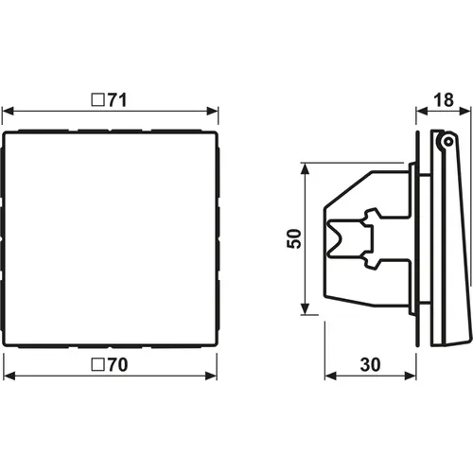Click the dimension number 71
(x=117, y=100)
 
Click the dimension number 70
(x=118, y=364)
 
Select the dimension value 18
(x=444, y=100)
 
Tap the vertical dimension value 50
(x=294, y=238)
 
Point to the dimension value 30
(x=371, y=364)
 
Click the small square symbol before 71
(x=97, y=99)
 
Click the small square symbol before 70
(x=97, y=364)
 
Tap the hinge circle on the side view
(x=447, y=142)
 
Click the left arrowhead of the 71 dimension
(x=9, y=111)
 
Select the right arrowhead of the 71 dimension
(x=212, y=111)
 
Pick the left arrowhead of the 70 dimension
(x=9, y=376)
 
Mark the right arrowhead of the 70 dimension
(x=211, y=376)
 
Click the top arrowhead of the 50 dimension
(x=305, y=169)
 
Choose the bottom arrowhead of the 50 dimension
(x=305, y=308)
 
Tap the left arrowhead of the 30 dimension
(x=331, y=376)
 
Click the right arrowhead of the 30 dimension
(x=411, y=376)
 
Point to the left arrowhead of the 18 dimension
(x=422, y=111)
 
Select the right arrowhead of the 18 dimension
(x=464, y=111)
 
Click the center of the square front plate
(x=110, y=238)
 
